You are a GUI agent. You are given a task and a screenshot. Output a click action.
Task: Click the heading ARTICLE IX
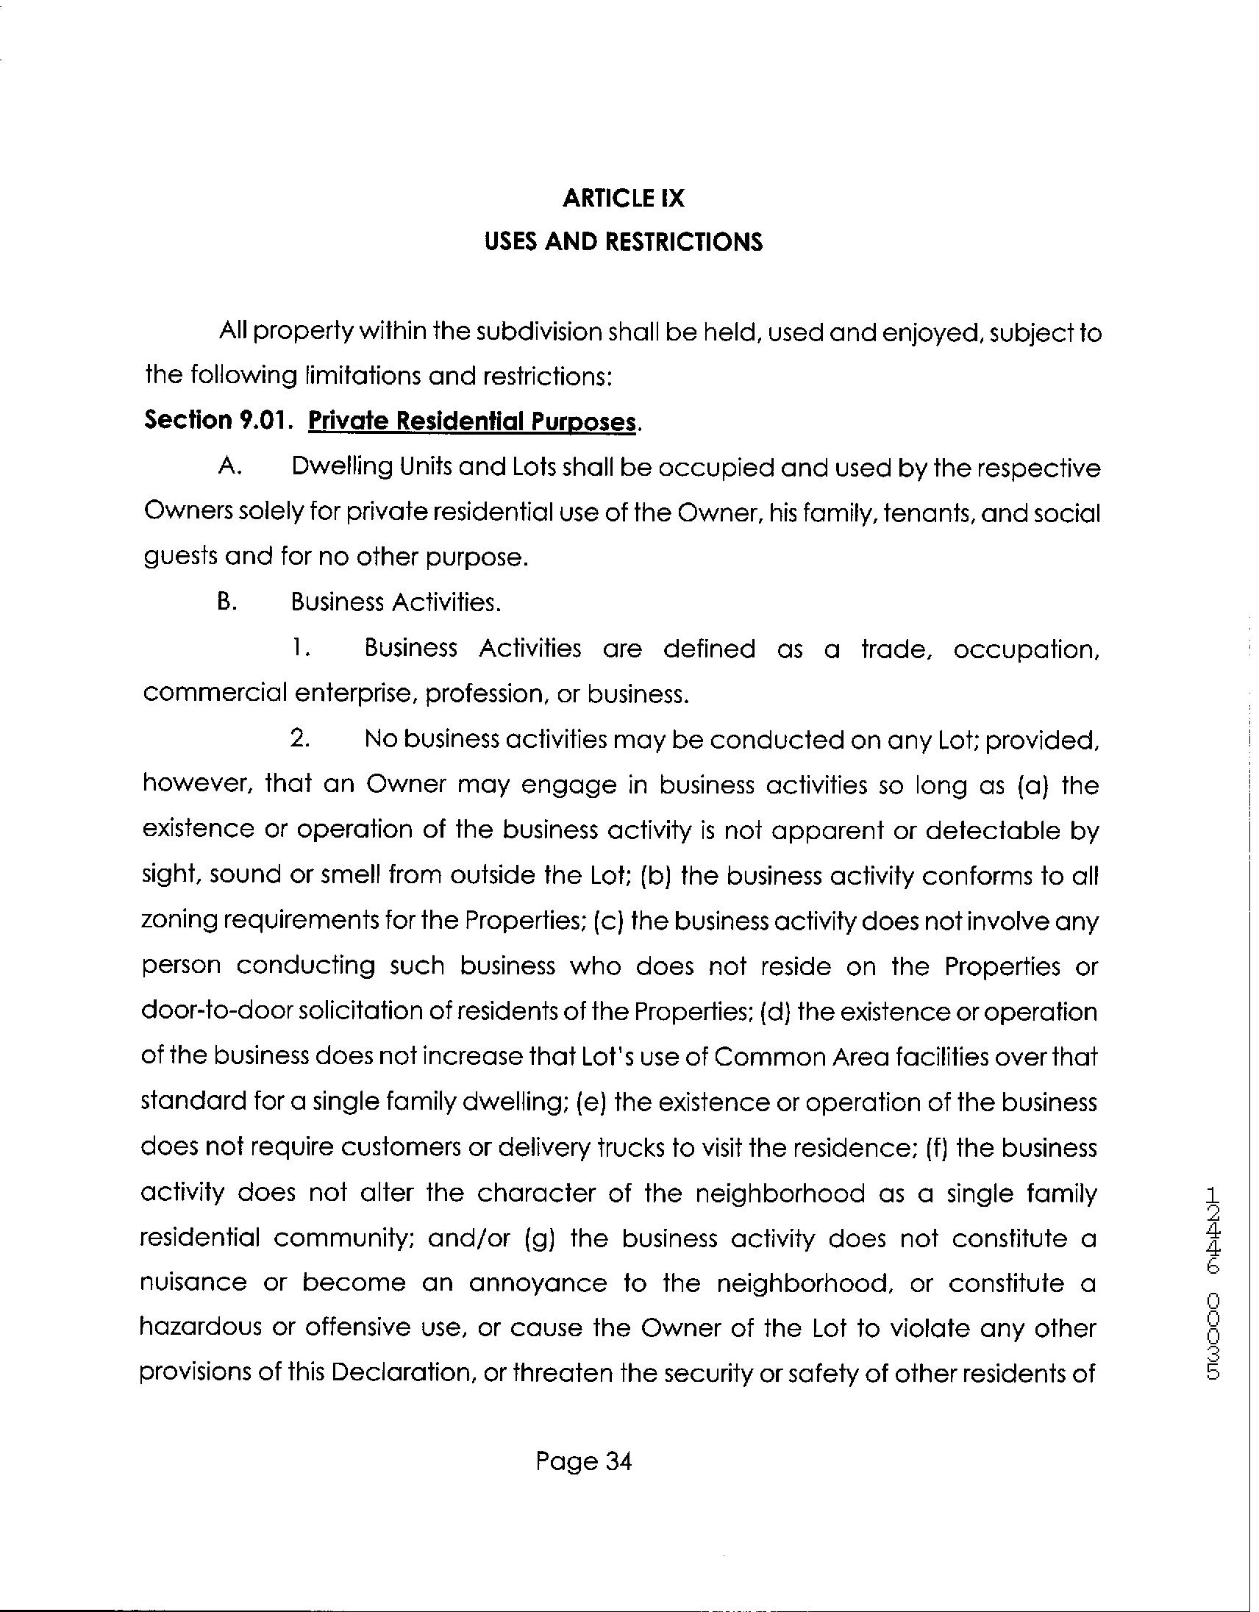624,199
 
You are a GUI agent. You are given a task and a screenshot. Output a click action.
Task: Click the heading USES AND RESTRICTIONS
624,242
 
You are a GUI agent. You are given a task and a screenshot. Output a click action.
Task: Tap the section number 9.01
261,421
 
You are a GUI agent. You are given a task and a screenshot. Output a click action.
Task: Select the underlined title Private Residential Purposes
471,421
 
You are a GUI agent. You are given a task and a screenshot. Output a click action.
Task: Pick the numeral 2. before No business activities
299,740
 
